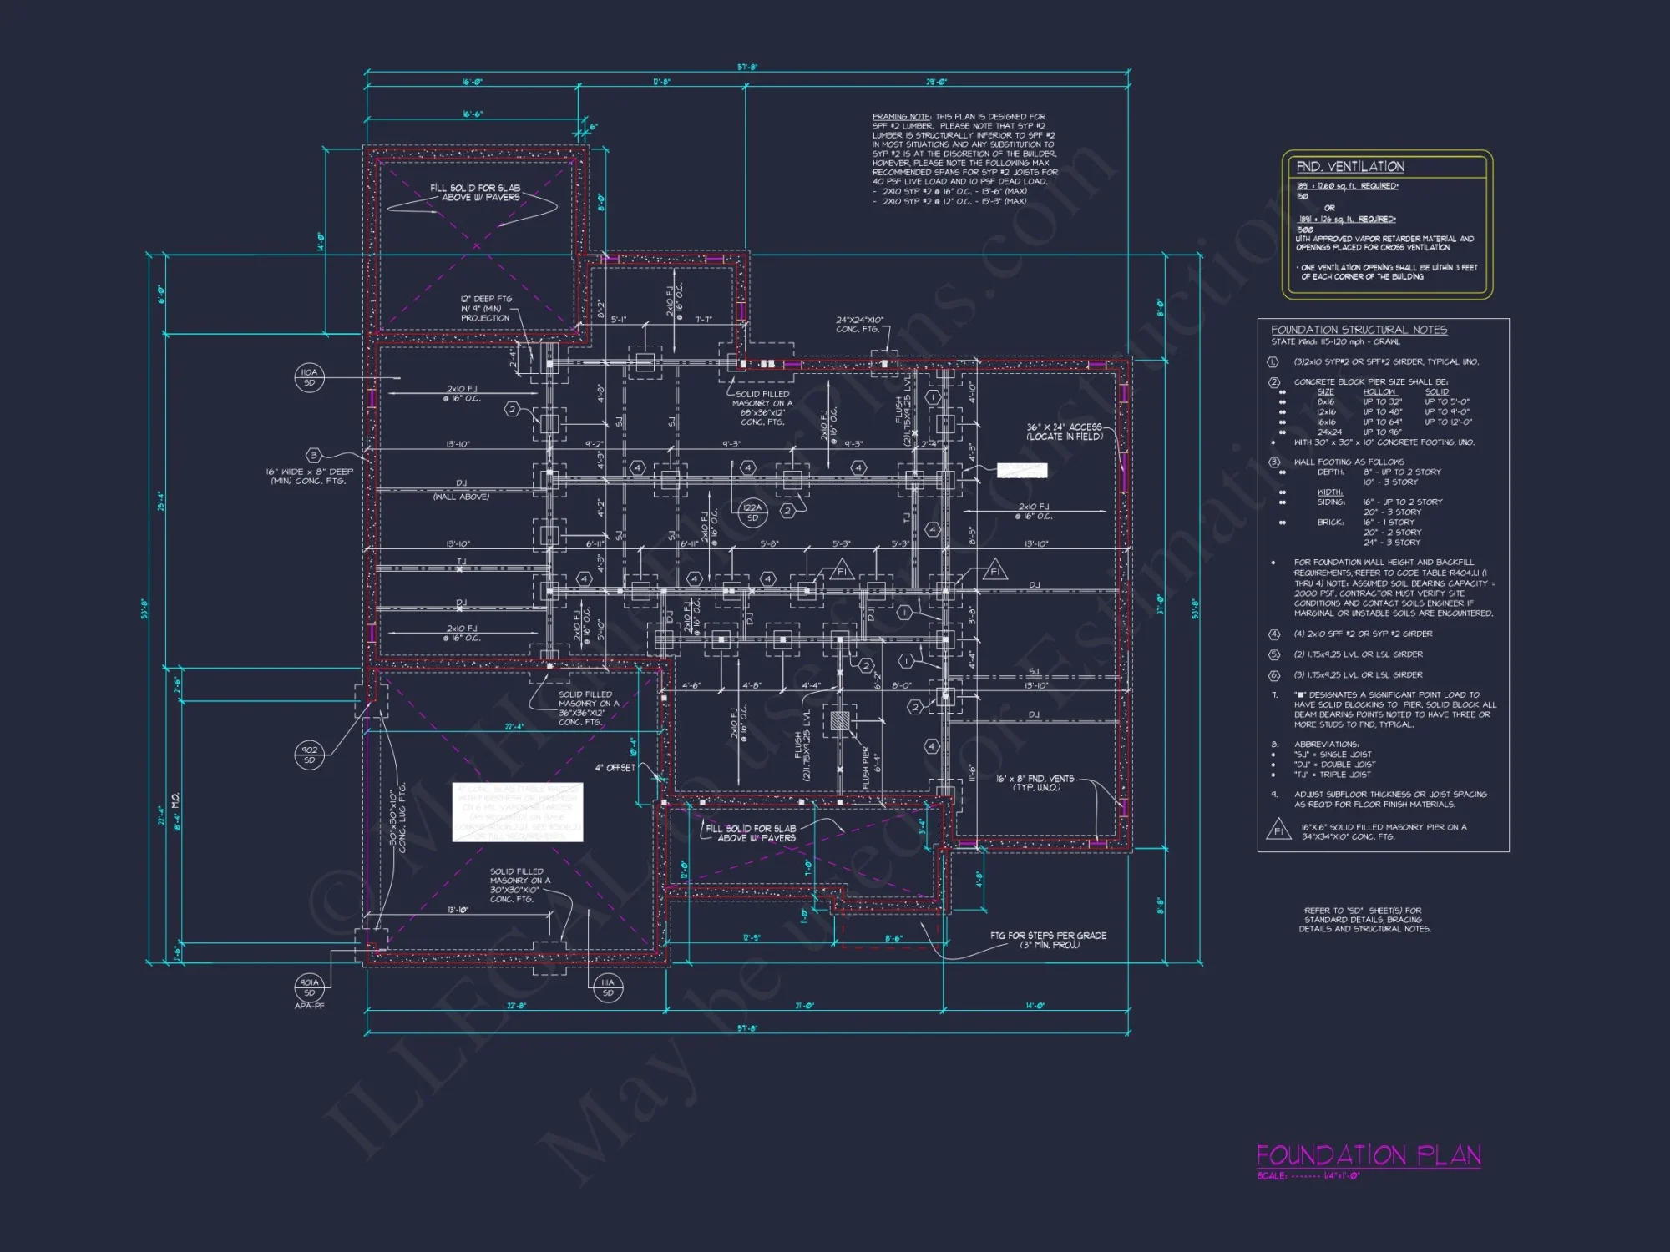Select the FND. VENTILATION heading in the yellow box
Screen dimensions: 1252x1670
click(x=1349, y=167)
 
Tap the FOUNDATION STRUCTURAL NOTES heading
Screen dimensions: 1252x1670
click(x=1359, y=330)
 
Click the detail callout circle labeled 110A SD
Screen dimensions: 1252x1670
click(x=309, y=377)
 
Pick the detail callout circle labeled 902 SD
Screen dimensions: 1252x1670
click(x=309, y=755)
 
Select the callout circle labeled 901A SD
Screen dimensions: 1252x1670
click(x=309, y=987)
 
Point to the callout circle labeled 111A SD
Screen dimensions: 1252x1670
click(x=607, y=987)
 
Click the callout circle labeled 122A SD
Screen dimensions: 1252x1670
click(x=752, y=512)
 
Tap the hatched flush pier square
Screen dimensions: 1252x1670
click(x=840, y=720)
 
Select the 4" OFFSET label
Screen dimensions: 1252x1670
click(x=615, y=768)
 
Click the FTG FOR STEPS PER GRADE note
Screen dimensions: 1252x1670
click(x=1048, y=940)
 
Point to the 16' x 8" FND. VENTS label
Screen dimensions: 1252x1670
click(x=1035, y=783)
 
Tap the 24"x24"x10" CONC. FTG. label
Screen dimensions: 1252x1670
click(x=859, y=324)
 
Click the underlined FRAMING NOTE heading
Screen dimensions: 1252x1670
click(x=901, y=117)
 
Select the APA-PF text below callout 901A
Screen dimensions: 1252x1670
click(x=309, y=1007)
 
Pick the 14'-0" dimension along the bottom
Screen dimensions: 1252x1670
click(x=1035, y=1006)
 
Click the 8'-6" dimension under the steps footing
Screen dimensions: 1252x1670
click(x=893, y=939)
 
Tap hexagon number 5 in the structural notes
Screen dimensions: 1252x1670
click(x=1273, y=654)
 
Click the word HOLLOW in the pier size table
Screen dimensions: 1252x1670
click(x=1379, y=392)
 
